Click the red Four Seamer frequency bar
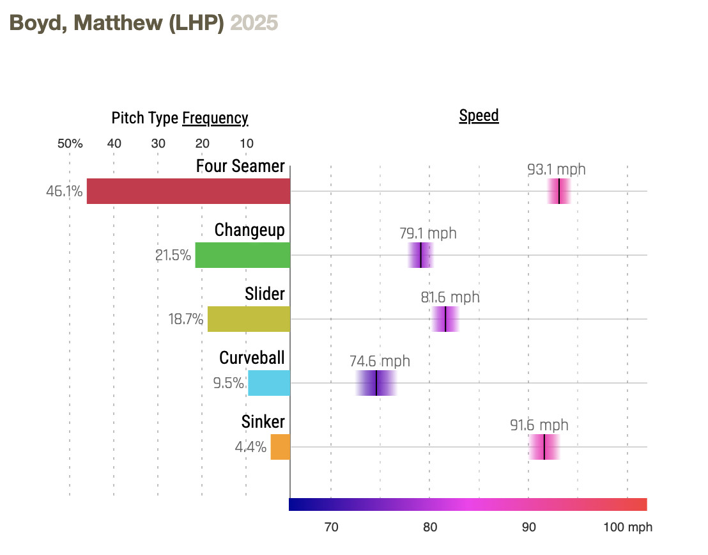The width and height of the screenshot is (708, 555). [x=189, y=191]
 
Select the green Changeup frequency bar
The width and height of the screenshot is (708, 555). [x=242, y=255]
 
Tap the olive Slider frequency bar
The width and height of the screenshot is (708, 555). [x=249, y=319]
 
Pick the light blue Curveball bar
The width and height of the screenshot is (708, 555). [x=269, y=383]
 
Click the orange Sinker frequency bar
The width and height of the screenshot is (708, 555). [x=280, y=447]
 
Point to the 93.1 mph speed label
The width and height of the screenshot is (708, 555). [x=556, y=169]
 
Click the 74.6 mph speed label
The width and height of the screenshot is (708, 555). [x=380, y=361]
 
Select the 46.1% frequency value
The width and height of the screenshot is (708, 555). [x=64, y=191]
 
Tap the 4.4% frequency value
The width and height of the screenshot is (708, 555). [x=250, y=447]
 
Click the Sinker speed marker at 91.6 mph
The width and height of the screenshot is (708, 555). [x=544, y=447]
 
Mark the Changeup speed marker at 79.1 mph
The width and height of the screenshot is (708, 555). [x=420, y=255]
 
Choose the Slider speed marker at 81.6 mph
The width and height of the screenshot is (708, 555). [x=445, y=319]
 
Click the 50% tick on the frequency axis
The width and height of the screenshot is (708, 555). [x=70, y=143]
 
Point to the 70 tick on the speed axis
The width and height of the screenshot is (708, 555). [x=331, y=528]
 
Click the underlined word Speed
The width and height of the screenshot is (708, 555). [x=479, y=116]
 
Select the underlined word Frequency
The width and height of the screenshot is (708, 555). [x=215, y=118]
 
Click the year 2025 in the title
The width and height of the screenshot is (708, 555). [x=254, y=23]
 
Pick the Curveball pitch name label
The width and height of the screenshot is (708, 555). [x=252, y=357]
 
